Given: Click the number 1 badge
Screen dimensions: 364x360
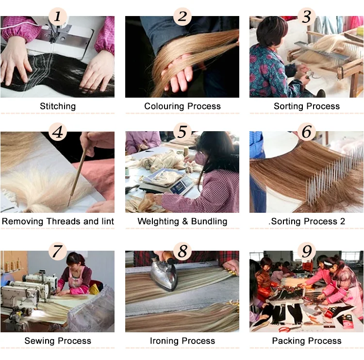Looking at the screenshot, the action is pos(58,16).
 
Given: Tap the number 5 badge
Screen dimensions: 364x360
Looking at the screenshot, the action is pos(182,132).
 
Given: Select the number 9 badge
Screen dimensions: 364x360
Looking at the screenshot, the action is pos(307,251).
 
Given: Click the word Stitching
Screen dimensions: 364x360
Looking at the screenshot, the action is pos(58,106).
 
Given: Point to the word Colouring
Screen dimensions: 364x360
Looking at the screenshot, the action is pos(165,106).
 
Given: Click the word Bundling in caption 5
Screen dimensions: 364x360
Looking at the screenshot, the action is pos(209,221).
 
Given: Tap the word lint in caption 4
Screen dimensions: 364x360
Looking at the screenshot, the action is pos(108,221).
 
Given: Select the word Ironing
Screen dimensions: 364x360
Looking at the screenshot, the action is pos(165,341).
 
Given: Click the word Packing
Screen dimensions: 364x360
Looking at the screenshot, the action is pos(287,341).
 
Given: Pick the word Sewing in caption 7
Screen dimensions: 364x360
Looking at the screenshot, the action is pos(37,341).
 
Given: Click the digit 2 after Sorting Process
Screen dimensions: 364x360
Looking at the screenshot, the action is pos(343,221).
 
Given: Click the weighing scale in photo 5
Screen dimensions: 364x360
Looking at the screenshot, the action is pos(167,183).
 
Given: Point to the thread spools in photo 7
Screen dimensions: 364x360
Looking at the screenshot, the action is pos(13,266).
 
